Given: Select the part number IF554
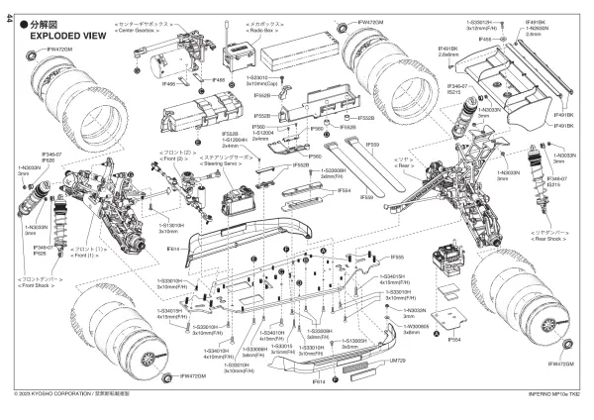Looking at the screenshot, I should coord(454,340).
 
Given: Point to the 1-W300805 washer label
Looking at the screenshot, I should coord(413,328).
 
